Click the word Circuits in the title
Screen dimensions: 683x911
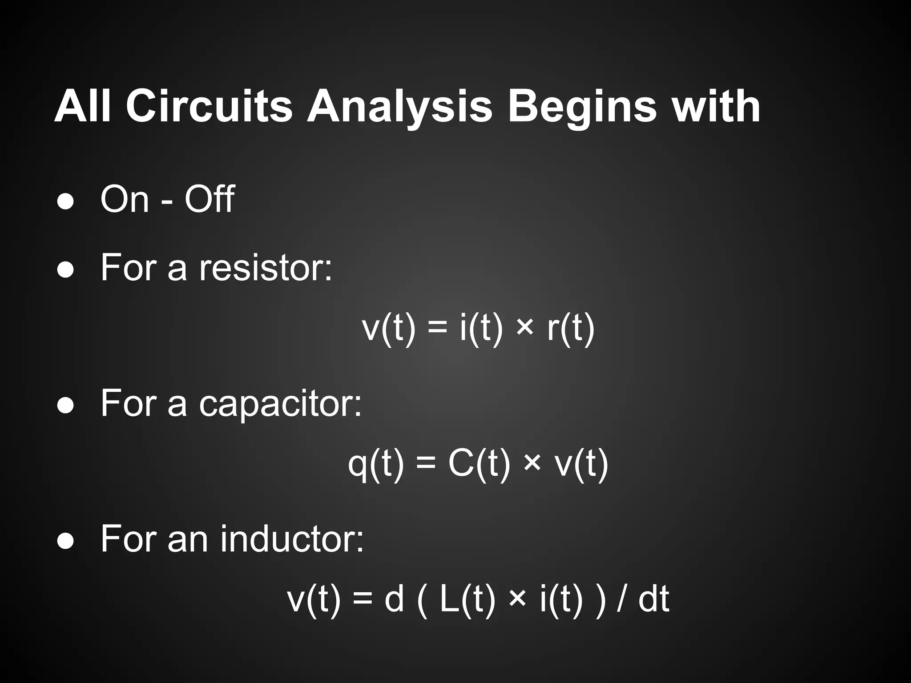click(209, 107)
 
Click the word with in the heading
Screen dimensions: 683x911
click(716, 107)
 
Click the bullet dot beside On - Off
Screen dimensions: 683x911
click(66, 201)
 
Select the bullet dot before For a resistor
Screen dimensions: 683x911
click(66, 269)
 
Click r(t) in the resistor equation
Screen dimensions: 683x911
click(571, 329)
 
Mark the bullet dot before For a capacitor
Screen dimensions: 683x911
click(66, 406)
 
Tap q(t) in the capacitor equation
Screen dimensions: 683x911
click(376, 465)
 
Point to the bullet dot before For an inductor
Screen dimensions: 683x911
click(66, 542)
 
